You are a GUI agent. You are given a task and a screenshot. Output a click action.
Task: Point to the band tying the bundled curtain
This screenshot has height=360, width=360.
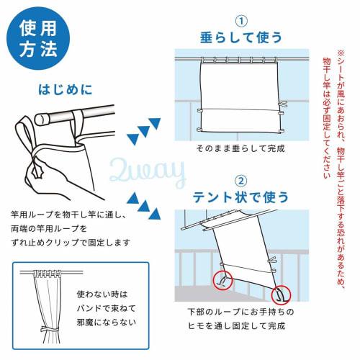click(x=45, y=330)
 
